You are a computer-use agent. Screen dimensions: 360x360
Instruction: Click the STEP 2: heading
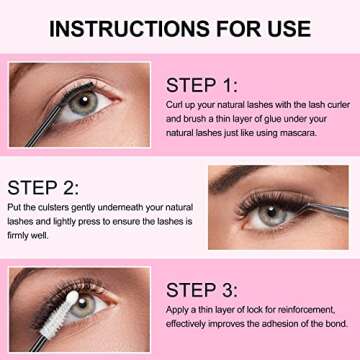coord(43,186)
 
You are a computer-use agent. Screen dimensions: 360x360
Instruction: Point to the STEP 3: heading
coord(202,290)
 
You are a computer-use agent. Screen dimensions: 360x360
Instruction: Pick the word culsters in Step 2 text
coord(49,208)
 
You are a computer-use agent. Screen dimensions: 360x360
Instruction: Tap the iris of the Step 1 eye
coord(87,100)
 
